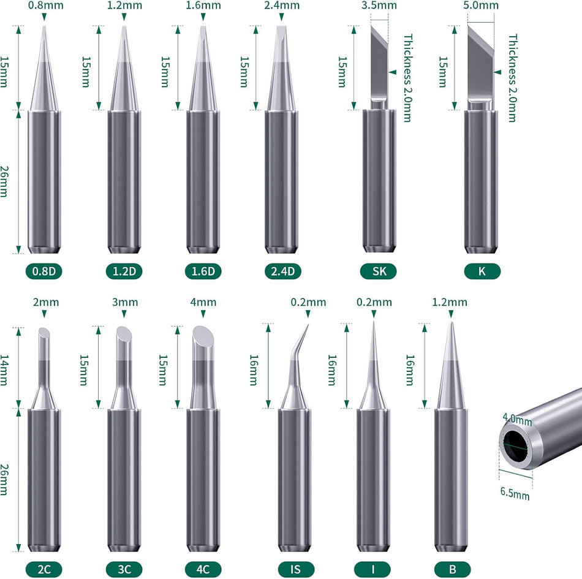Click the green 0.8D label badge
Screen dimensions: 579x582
click(x=44, y=271)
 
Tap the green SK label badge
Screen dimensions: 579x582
click(x=379, y=271)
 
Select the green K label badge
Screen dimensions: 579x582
click(x=482, y=271)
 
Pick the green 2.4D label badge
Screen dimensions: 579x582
click(x=282, y=271)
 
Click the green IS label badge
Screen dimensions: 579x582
click(x=295, y=569)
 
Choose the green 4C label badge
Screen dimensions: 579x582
click(x=203, y=569)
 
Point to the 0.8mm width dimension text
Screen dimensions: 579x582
click(x=44, y=6)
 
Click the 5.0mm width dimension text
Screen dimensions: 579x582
click(x=482, y=6)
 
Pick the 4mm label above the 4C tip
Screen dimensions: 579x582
click(x=203, y=303)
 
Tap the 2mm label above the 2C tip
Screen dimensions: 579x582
click(x=44, y=303)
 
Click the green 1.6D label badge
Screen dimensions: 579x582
click(x=202, y=271)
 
